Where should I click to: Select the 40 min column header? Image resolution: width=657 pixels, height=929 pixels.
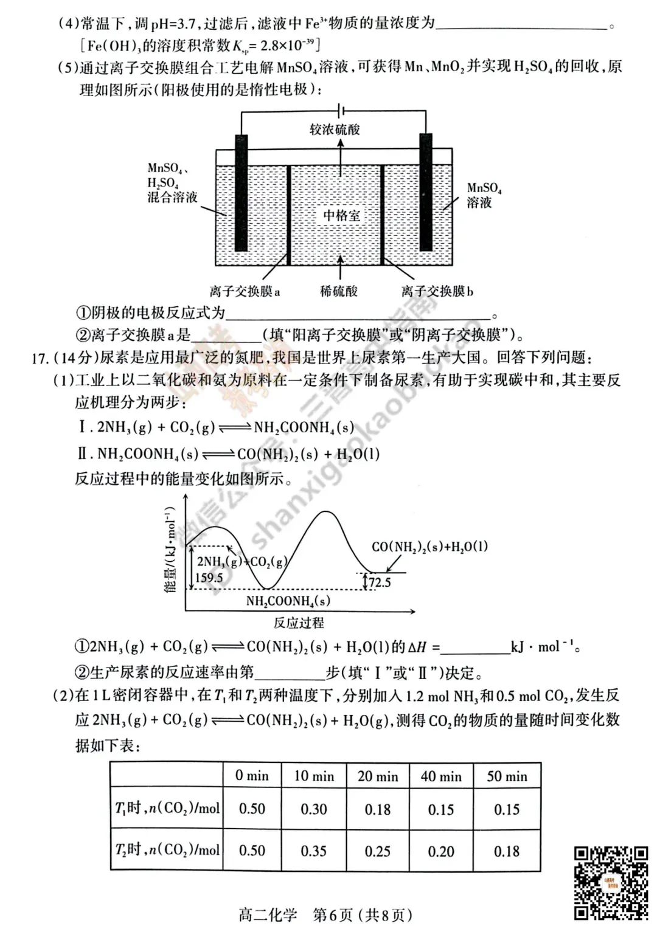(441, 776)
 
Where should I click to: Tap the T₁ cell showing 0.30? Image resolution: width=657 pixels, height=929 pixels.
(314, 809)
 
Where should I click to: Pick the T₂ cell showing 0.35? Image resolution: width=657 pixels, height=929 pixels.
(314, 851)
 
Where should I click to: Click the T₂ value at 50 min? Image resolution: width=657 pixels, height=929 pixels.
(507, 851)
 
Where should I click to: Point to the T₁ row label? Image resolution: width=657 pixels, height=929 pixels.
(167, 809)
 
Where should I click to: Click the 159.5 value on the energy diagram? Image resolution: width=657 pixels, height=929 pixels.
(209, 578)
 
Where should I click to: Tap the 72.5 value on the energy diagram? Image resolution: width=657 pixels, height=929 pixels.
(380, 582)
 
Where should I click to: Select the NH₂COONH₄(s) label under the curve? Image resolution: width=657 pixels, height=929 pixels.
(288, 601)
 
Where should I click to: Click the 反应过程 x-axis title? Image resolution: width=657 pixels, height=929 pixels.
(298, 623)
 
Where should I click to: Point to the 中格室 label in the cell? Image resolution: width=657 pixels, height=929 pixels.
(341, 216)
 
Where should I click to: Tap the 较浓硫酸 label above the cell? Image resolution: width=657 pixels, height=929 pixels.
(335, 130)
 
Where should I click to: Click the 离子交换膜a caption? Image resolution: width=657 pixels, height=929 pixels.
(245, 291)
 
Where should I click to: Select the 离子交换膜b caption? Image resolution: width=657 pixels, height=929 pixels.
(437, 291)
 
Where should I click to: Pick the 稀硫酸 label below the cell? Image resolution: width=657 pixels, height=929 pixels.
(339, 291)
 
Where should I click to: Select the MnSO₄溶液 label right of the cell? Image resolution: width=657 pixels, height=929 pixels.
(484, 195)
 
